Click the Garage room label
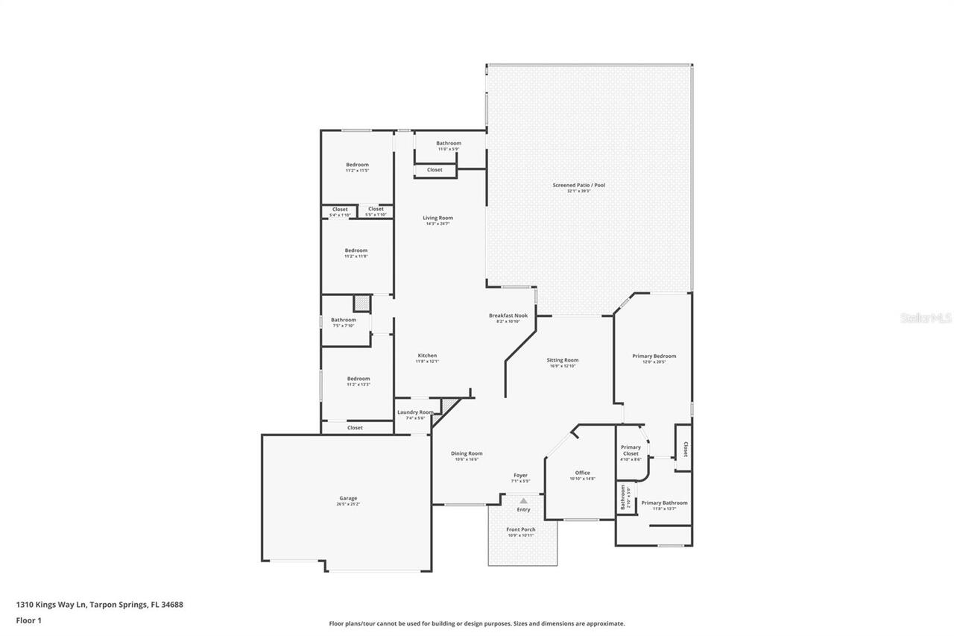(348, 498)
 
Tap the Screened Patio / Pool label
(578, 185)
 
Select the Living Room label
(438, 218)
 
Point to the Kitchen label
(427, 356)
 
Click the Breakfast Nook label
(508, 315)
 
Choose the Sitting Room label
(563, 360)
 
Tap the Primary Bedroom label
(654, 356)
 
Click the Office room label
(582, 473)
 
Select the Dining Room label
(467, 453)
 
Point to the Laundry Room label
(415, 412)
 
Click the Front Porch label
(522, 529)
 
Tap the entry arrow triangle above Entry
(523, 501)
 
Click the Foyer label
(520, 475)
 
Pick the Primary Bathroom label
(664, 503)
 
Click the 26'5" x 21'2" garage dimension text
(348, 505)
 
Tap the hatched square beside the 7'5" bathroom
(361, 303)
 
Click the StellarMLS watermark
(926, 318)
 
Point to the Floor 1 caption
(28, 620)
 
